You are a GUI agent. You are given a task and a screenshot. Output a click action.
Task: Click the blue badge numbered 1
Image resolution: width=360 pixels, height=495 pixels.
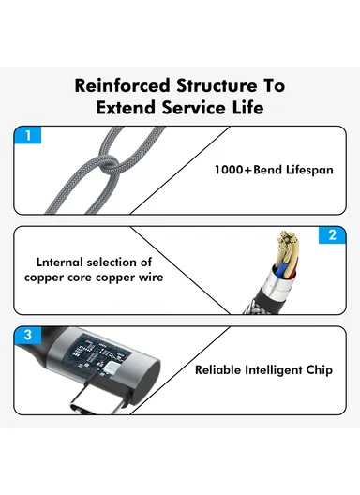pos(28,135)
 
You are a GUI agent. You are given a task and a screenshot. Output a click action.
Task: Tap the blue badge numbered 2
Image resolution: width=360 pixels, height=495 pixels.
pos(331,235)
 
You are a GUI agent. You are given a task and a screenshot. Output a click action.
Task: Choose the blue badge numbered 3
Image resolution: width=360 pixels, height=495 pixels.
pos(28,335)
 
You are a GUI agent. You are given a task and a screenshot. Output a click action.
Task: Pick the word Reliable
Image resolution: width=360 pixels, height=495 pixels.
pos(219,370)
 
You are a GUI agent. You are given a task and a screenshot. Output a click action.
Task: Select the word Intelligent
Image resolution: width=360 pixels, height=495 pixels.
pos(277,370)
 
